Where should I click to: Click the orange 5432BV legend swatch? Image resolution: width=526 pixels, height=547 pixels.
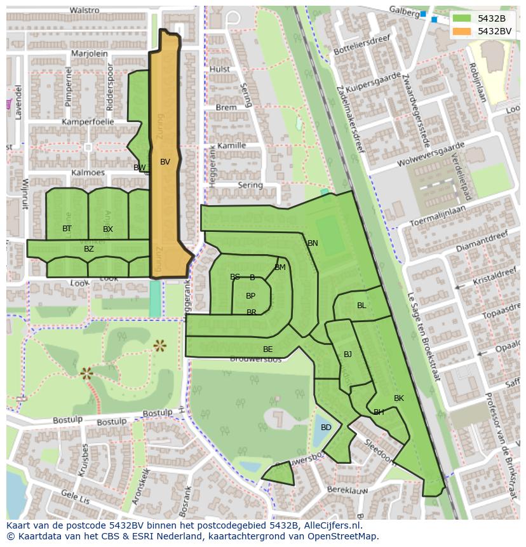(462, 31)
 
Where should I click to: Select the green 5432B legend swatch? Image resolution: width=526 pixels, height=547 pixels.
(462, 18)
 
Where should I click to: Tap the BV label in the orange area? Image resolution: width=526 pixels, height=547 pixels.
(165, 162)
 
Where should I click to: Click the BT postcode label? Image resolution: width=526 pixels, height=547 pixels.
(67, 229)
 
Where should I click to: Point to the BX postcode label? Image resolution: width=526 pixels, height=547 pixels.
(108, 229)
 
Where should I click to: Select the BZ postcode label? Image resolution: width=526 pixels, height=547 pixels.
(89, 249)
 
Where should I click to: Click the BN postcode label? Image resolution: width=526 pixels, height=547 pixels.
(313, 243)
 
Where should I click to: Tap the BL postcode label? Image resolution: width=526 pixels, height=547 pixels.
(361, 306)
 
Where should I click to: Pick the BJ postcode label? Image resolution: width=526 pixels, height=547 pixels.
(347, 355)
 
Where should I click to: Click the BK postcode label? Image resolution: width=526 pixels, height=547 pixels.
(398, 398)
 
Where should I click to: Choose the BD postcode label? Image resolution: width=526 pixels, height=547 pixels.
(326, 428)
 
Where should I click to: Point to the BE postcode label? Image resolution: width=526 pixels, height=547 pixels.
(267, 349)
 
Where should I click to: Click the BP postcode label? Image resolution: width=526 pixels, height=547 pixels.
(250, 296)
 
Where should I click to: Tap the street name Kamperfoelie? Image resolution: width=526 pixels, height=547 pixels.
(88, 121)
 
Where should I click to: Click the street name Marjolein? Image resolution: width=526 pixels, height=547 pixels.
(90, 54)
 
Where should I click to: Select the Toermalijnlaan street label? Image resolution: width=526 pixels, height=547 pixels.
(438, 215)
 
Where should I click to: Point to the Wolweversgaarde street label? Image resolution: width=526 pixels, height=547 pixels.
(431, 155)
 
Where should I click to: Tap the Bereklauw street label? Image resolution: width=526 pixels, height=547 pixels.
(347, 490)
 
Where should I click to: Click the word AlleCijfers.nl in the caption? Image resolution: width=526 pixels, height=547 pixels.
(329, 525)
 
